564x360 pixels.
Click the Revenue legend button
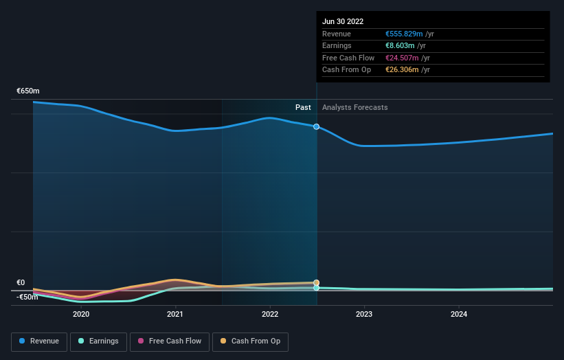pyautogui.click(x=39, y=341)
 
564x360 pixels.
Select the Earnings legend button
pyautogui.click(x=98, y=341)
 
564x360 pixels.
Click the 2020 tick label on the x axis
pyautogui.click(x=81, y=314)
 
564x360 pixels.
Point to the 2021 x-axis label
pyautogui.click(x=175, y=314)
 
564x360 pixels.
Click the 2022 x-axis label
pyautogui.click(x=270, y=314)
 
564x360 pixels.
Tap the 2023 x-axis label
pyautogui.click(x=364, y=314)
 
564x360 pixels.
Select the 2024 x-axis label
pyautogui.click(x=459, y=314)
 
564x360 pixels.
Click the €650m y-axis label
pyautogui.click(x=28, y=91)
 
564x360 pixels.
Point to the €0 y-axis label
pyautogui.click(x=21, y=283)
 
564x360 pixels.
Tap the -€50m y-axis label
pyautogui.click(x=28, y=297)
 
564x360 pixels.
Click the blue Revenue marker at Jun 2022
pyautogui.click(x=316, y=126)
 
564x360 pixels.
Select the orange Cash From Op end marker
pyautogui.click(x=316, y=282)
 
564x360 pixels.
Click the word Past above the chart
pyautogui.click(x=303, y=108)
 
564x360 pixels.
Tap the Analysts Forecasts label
pyautogui.click(x=354, y=108)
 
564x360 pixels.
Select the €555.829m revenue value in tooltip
pyautogui.click(x=405, y=34)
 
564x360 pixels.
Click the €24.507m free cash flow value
pyautogui.click(x=402, y=58)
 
